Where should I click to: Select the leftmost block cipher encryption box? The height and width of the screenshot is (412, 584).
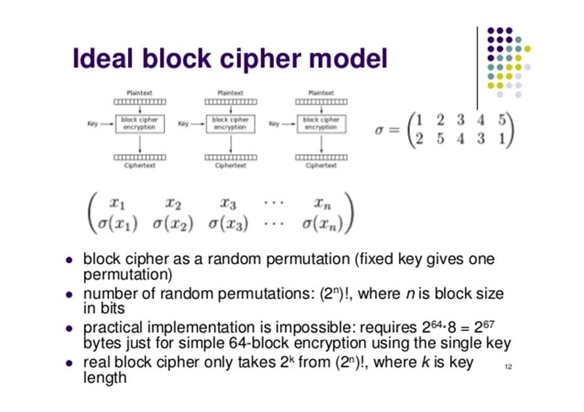click(x=140, y=123)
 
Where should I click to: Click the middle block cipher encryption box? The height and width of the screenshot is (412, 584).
click(x=230, y=123)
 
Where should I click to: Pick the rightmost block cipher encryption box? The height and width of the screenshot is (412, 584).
click(x=320, y=123)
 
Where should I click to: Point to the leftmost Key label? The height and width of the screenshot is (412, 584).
click(x=94, y=124)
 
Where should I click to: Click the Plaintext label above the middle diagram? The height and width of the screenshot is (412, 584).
click(x=230, y=93)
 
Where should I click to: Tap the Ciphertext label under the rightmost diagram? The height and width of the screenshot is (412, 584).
click(x=320, y=166)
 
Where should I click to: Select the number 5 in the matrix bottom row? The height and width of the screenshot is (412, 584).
click(x=440, y=139)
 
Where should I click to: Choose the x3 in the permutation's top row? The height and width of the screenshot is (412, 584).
click(x=228, y=202)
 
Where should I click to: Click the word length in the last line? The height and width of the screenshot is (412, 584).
click(x=104, y=378)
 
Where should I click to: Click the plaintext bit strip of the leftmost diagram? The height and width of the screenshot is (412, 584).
click(x=140, y=102)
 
